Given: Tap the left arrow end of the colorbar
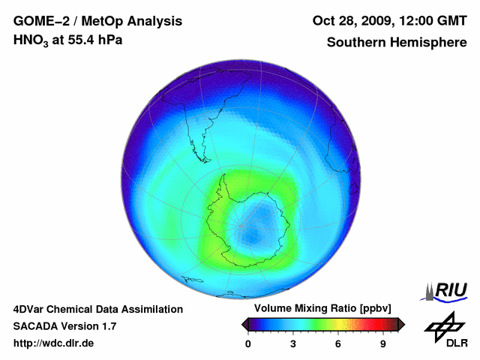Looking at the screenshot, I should click(x=244, y=324).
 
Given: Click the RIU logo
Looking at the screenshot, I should click(x=447, y=289).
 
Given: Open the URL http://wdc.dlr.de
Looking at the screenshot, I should click(x=54, y=343).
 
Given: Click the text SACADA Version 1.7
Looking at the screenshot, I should click(x=64, y=326).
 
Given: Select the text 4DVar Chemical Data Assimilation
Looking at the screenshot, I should click(x=97, y=309).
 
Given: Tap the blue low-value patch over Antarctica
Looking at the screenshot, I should click(x=255, y=222).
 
